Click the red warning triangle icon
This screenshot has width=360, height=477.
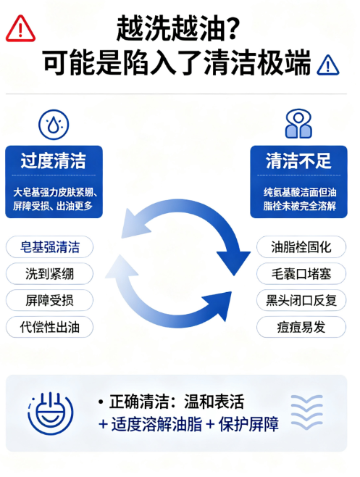click(x=20, y=28)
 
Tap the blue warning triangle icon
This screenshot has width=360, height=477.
click(x=328, y=65)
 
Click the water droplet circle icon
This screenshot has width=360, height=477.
click(x=54, y=125)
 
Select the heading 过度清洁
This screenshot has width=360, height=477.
click(x=54, y=161)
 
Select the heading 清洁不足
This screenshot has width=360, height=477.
click(x=298, y=161)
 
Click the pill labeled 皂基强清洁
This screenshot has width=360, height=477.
click(x=49, y=247)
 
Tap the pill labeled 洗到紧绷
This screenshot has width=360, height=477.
click(x=49, y=274)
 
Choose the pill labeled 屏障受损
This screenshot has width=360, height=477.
click(x=49, y=300)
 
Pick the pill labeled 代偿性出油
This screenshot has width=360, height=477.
click(x=49, y=327)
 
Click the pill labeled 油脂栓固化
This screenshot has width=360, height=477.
click(x=301, y=247)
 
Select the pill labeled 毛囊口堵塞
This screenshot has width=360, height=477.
click(x=301, y=274)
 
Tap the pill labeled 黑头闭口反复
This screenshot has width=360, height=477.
click(x=301, y=300)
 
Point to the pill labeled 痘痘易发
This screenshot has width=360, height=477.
click(x=301, y=327)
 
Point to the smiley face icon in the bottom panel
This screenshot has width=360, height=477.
click(x=51, y=413)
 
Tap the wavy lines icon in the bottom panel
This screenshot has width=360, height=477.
click(x=306, y=412)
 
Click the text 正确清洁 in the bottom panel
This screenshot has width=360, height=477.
click(x=138, y=402)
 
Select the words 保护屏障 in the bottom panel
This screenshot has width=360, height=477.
click(x=248, y=424)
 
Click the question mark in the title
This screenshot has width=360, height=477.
click(x=233, y=28)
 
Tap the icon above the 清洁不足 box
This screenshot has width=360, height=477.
click(x=298, y=124)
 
